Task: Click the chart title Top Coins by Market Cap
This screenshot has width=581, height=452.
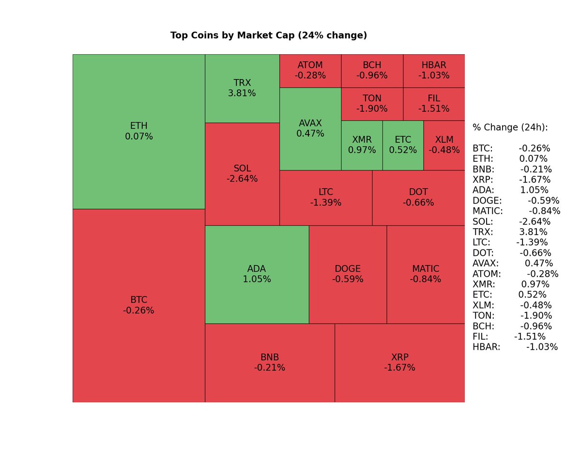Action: point(269,35)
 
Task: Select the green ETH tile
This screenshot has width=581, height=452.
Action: point(139,131)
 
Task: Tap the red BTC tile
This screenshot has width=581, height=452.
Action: point(139,305)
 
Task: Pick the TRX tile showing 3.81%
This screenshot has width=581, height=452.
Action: point(242,88)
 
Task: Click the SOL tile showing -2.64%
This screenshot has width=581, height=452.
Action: point(242,173)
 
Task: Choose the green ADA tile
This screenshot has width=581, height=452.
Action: point(257,274)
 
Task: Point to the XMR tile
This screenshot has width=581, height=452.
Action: point(362,145)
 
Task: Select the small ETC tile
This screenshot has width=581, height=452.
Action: point(403,145)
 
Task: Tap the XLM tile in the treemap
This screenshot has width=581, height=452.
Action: point(444,145)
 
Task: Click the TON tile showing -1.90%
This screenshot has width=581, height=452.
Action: point(372,104)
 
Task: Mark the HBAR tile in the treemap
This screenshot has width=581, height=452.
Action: point(434,70)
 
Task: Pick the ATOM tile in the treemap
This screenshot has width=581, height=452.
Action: point(310,70)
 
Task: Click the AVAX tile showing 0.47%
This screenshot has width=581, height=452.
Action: point(310,128)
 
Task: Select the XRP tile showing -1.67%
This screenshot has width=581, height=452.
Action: point(399,362)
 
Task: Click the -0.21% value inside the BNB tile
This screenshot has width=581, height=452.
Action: point(270,368)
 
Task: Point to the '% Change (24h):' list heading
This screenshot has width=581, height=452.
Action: point(510,127)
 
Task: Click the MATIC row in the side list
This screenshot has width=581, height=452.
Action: point(516,211)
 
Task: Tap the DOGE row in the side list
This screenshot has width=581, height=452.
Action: point(516,201)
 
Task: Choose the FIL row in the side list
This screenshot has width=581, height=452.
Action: point(509,337)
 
